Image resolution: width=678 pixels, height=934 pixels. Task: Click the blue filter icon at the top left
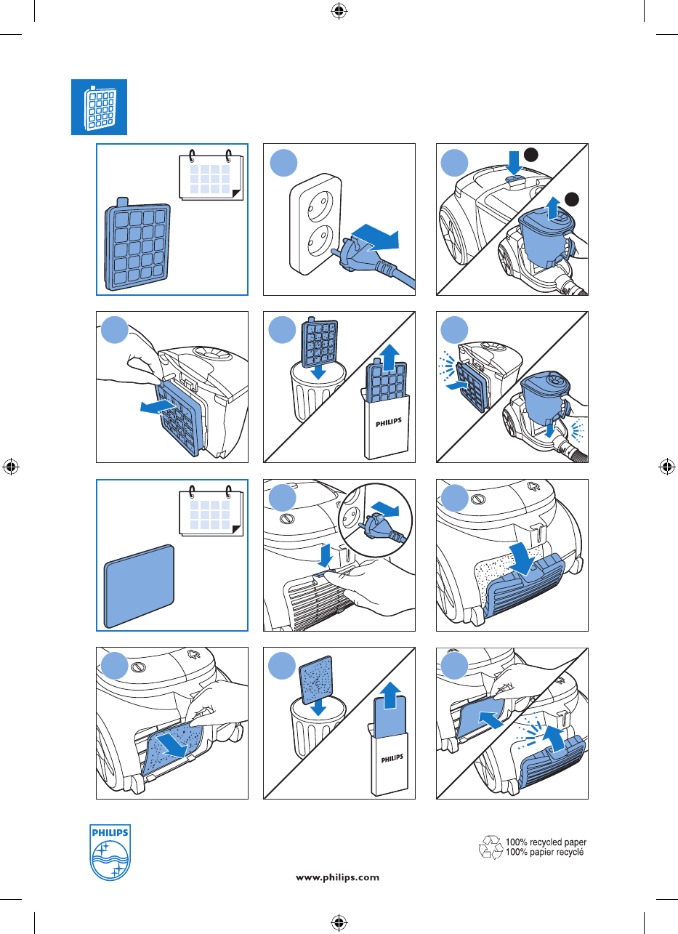tap(99, 107)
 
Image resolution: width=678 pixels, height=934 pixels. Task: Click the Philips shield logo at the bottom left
tap(110, 852)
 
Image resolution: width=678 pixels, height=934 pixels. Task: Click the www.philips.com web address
tap(337, 877)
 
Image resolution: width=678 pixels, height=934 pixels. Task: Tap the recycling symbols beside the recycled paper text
tap(491, 848)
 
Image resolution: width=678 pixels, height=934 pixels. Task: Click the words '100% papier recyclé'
tap(546, 852)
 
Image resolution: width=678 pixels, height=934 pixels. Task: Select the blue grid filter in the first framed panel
tap(138, 246)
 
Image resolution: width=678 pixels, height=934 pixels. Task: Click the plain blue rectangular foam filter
tap(140, 586)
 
